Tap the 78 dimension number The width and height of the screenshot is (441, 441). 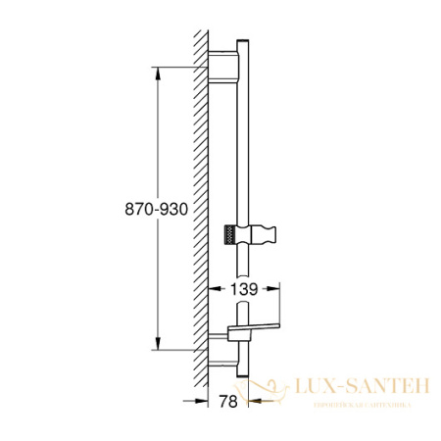point(227,401)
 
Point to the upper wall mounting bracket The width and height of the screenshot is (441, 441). point(223,66)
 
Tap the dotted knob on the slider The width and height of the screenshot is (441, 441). point(228,233)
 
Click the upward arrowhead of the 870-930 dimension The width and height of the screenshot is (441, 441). point(157,71)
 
